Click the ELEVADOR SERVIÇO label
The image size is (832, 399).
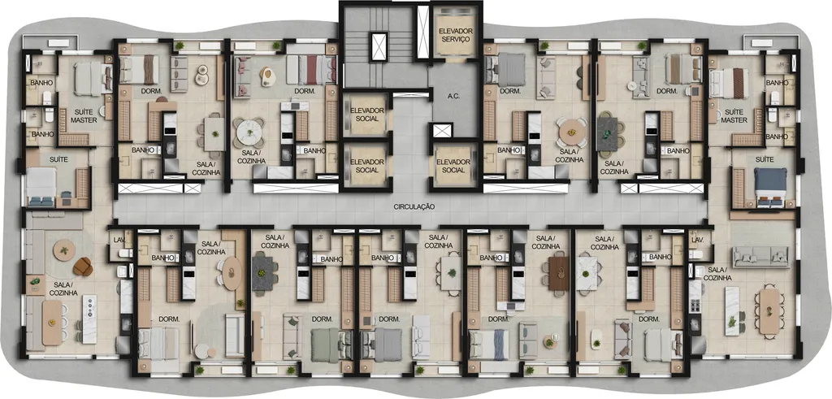pos(455,36)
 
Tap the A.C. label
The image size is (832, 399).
pos(439,97)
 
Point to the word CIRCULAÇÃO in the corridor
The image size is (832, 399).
pos(414,207)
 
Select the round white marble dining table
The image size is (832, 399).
pos(249,131)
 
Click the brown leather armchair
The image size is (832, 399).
pos(84,267)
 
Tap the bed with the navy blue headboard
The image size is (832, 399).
pos(770,187)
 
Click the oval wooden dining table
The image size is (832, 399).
pos(232,273)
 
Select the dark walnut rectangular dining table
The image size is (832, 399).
pos(558,273)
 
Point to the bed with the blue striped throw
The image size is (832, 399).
pos(488,344)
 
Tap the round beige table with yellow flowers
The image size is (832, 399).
pos(571,131)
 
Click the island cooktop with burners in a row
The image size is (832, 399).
pos(89,311)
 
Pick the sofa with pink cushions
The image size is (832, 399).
pos(242,77)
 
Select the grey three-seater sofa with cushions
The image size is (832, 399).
pos(760,257)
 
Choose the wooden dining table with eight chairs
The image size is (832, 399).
pos(769,311)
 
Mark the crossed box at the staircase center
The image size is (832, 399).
pos(379,46)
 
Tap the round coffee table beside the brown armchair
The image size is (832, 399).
pos(64,249)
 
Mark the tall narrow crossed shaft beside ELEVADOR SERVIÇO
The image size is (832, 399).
pos(422,32)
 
